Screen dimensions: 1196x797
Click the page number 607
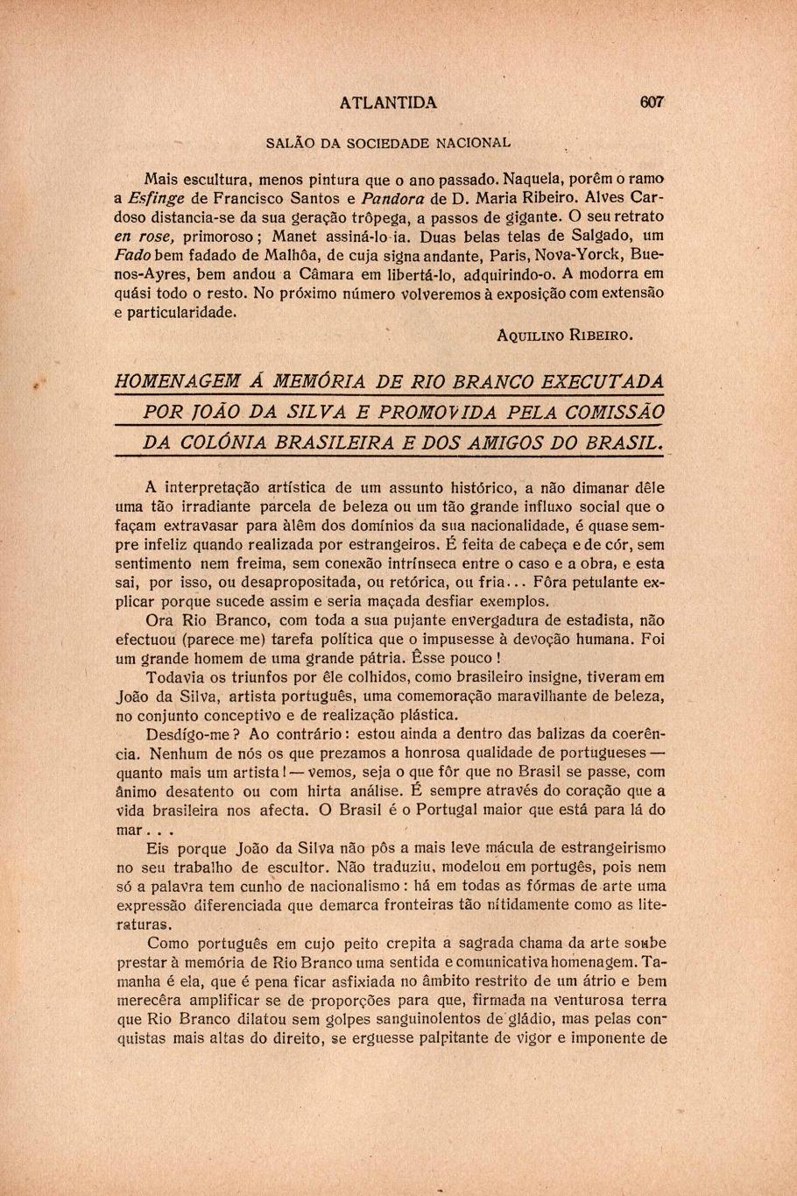point(652,102)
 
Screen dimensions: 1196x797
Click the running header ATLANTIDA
point(388,103)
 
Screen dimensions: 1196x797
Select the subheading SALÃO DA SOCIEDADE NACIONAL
point(388,141)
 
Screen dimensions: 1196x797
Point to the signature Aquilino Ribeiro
point(564,334)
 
